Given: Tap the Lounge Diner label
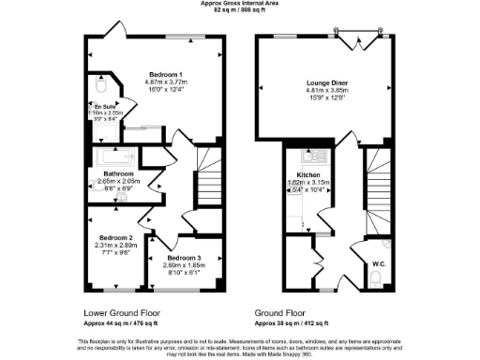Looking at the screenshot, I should tap(321, 83).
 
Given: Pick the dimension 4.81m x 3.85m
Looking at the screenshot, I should tap(321, 92).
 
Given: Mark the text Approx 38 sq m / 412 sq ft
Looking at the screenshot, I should tap(300, 320).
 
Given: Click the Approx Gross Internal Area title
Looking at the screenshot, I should tap(240, 4).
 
